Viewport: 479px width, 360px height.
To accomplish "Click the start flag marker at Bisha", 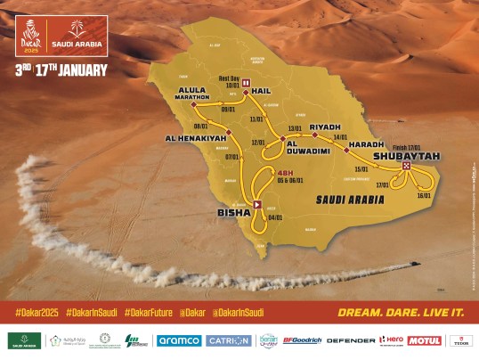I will pos(257,204).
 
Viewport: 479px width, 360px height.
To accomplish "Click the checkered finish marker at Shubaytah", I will pos(407,166).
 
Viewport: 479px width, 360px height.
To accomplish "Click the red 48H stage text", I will pos(285,172).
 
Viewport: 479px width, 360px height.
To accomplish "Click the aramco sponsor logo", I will pos(178,340).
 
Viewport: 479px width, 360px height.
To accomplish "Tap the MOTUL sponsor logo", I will pos(424,340).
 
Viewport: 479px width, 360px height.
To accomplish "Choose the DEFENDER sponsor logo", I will pos(351,340).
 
